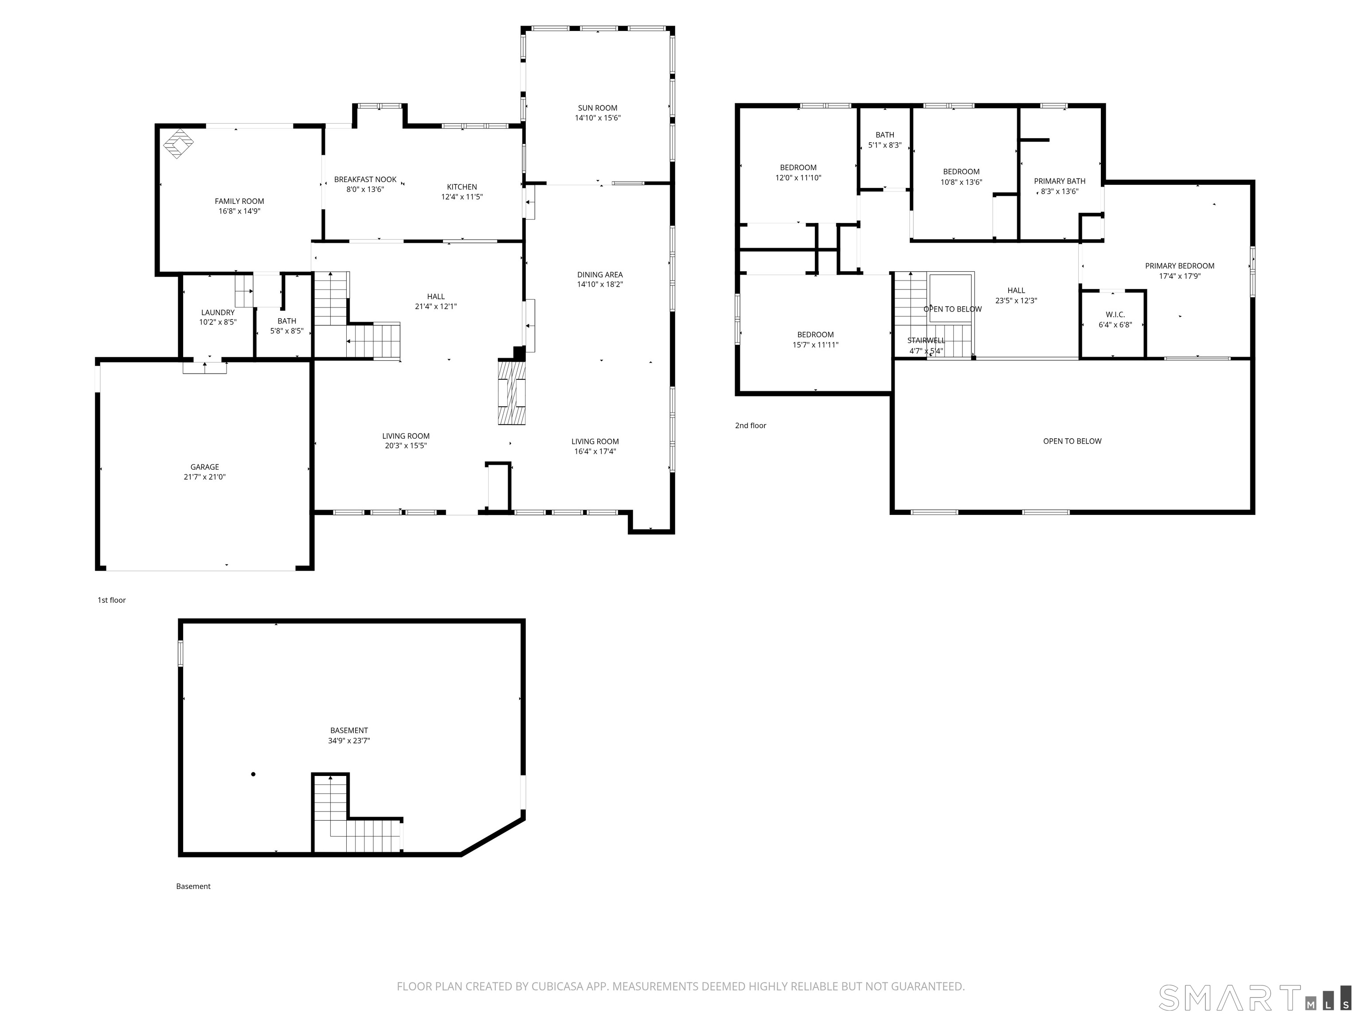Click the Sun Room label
point(597,108)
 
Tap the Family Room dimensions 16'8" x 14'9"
point(239,211)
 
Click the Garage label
point(204,467)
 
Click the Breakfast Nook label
point(365,180)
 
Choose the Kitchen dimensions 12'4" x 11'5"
point(462,197)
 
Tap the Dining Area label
point(600,274)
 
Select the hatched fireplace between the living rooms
point(512,393)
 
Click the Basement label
point(348,730)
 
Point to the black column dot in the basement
point(253,774)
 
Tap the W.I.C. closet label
point(1115,315)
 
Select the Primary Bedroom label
point(1179,266)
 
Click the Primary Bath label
point(1059,181)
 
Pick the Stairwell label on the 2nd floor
point(925,340)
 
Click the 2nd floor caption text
point(750,425)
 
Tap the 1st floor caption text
point(111,600)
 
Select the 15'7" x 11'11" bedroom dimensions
point(815,345)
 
